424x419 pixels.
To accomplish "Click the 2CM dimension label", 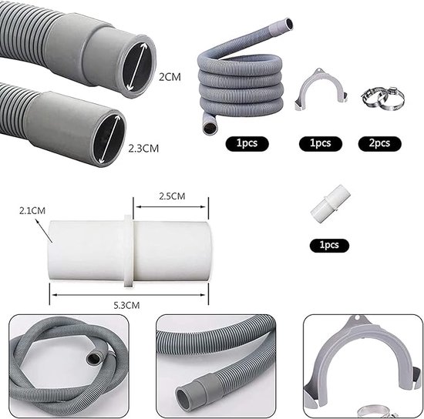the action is (170, 77).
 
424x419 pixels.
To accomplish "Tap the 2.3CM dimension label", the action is (143, 149).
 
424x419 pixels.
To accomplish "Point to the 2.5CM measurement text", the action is (172, 196).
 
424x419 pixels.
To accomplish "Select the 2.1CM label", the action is (32, 210).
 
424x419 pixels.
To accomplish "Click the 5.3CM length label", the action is (126, 305).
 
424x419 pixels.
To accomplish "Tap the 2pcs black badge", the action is (379, 143).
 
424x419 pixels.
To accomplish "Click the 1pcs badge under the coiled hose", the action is (247, 143).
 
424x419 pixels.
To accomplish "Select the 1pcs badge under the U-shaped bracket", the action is (321, 143).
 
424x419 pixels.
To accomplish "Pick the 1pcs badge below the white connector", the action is (329, 245).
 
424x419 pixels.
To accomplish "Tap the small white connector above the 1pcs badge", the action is (331, 203).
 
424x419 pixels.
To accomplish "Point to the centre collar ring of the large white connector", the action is (128, 250).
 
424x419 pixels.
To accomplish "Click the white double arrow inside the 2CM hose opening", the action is (138, 66).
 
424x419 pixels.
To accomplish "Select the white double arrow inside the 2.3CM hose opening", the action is (109, 139).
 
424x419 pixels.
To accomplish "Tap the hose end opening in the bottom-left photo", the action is (93, 358).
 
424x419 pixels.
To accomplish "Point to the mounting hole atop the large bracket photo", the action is (357, 318).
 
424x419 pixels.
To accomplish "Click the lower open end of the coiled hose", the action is (209, 129).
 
